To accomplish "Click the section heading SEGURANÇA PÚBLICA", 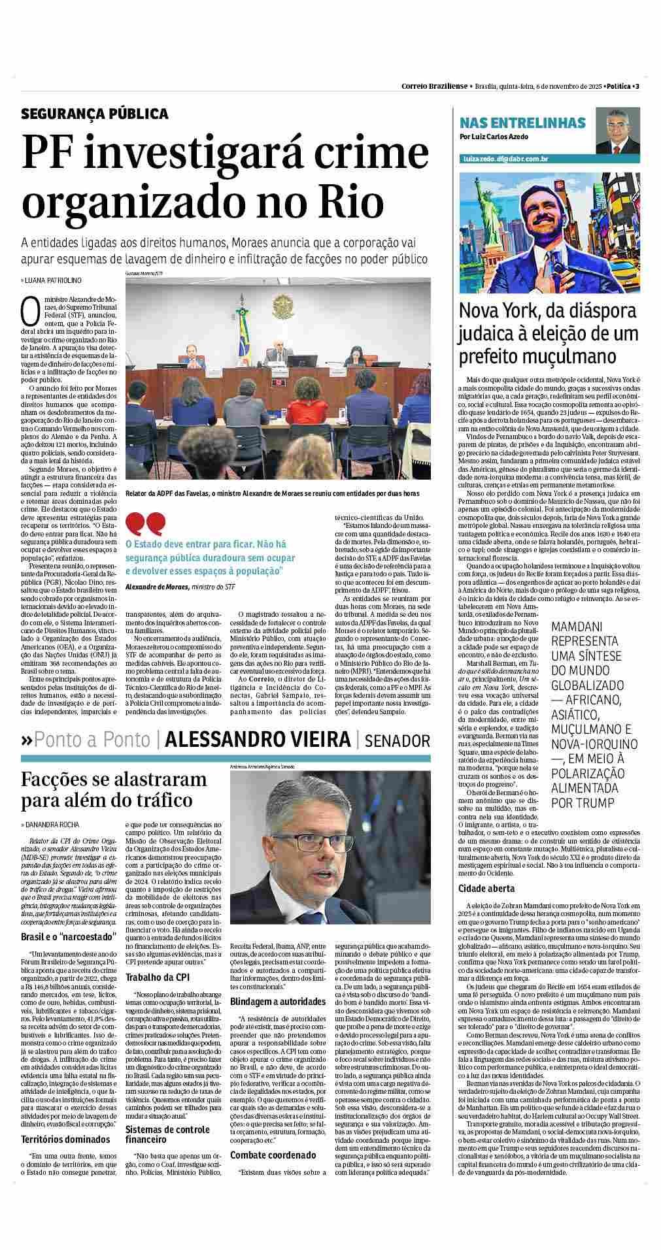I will (95, 114).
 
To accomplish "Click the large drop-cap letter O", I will (31, 312).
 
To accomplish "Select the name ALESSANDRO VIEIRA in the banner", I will (258, 740).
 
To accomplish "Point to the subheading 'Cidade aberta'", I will (486, 889).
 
